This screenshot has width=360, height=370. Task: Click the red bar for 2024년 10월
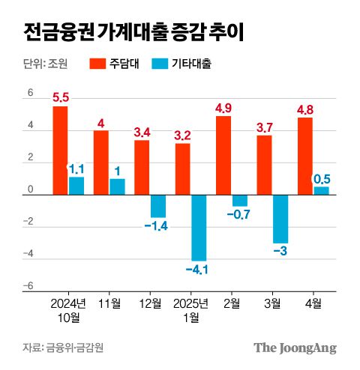[60, 151]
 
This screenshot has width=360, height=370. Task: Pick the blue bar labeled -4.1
[199, 228]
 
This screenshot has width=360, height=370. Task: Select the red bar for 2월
[223, 155]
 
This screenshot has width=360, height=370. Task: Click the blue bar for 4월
[321, 190]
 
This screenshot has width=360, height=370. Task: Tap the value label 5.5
[60, 97]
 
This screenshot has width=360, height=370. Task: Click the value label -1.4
[158, 226]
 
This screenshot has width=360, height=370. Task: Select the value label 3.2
[183, 135]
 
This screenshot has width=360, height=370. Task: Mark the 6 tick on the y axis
[31, 94]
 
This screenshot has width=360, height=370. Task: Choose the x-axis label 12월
[150, 303]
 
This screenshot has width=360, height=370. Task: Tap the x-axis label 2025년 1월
[190, 310]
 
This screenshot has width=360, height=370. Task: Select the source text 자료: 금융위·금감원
[63, 348]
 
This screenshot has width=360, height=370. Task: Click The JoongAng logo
[294, 348]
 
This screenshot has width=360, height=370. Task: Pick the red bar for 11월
[100, 163]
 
